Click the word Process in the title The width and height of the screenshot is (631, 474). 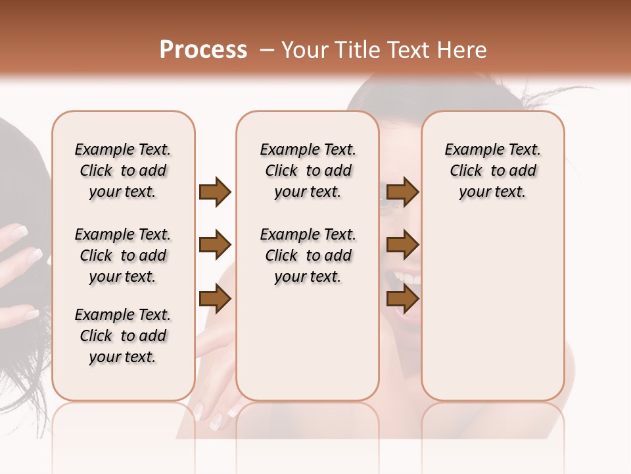click(203, 50)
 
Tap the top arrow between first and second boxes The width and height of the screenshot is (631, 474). click(215, 192)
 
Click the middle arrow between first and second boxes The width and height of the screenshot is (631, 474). click(215, 246)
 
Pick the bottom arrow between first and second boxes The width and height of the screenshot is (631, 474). click(215, 300)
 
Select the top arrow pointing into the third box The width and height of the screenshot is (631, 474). click(402, 192)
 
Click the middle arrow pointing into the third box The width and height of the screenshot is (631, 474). click(402, 246)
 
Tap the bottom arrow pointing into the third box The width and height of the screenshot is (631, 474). click(402, 300)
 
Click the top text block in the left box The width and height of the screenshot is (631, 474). click(123, 171)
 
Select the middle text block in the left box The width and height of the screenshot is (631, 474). click(123, 255)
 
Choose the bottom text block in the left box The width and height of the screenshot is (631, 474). click(123, 336)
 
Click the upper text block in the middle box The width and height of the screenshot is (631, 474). click(308, 171)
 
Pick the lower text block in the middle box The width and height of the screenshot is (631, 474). click(308, 255)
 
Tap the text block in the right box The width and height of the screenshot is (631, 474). click(493, 171)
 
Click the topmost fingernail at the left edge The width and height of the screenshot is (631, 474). click(18, 231)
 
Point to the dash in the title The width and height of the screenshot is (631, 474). click(266, 50)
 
